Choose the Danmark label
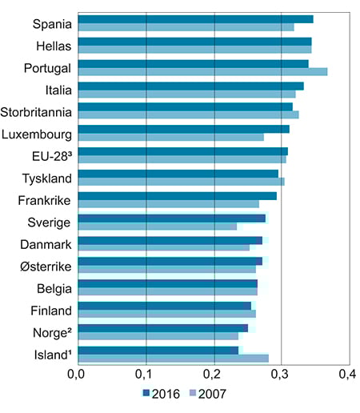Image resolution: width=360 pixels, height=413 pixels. (46, 244)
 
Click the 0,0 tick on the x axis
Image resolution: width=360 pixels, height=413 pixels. (78, 373)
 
